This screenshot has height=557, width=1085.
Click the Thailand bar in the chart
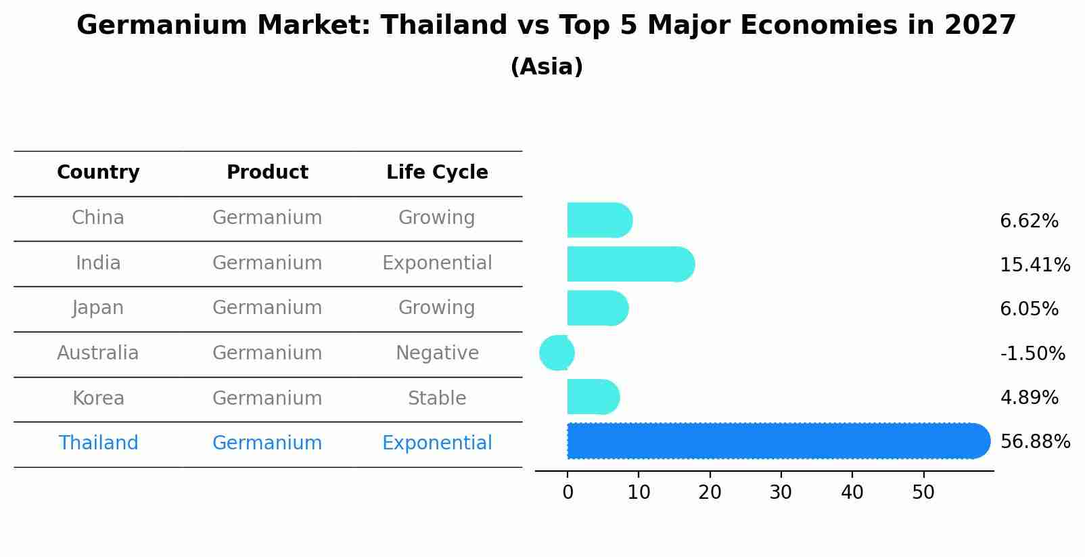click(778, 441)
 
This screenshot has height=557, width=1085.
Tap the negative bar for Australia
click(557, 353)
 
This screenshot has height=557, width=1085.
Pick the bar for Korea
click(593, 397)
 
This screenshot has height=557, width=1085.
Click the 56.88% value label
click(1035, 442)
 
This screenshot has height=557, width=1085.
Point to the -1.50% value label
click(1032, 353)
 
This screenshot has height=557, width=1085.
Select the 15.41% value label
click(1035, 265)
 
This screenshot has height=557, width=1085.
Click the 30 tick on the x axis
click(781, 493)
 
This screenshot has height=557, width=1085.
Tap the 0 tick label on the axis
click(568, 493)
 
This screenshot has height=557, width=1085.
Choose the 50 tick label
click(923, 493)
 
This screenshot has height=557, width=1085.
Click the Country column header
click(98, 173)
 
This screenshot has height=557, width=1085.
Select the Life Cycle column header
click(437, 173)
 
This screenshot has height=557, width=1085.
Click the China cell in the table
click(98, 218)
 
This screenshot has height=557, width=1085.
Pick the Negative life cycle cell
click(437, 353)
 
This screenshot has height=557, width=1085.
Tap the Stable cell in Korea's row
click(437, 398)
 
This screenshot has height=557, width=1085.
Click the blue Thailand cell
click(98, 443)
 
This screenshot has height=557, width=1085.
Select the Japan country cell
click(98, 308)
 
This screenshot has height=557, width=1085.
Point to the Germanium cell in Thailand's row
click(267, 443)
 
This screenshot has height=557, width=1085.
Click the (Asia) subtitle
click(547, 67)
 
